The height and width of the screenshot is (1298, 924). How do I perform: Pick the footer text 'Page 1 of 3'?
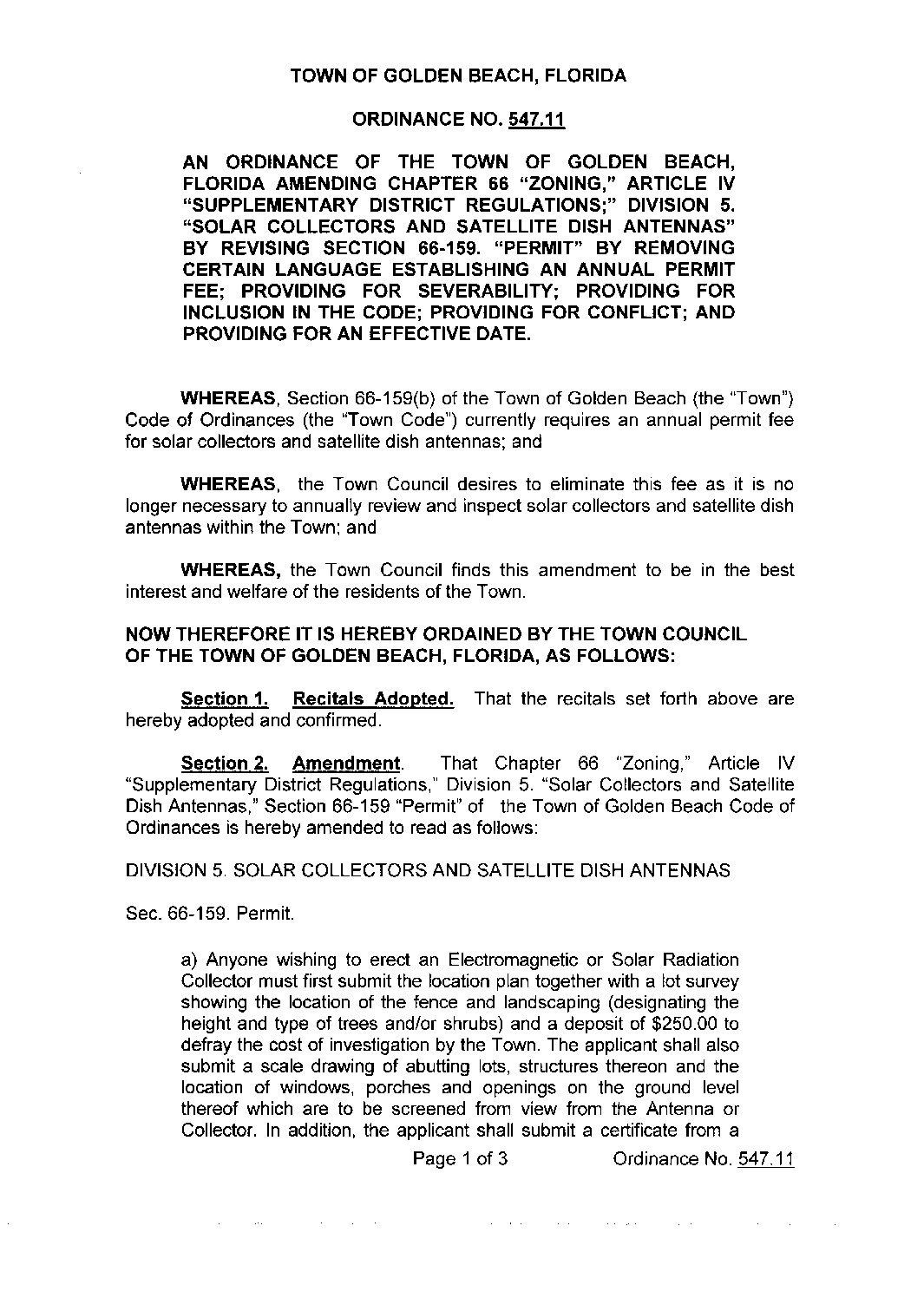pyautogui.click(x=460, y=1159)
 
